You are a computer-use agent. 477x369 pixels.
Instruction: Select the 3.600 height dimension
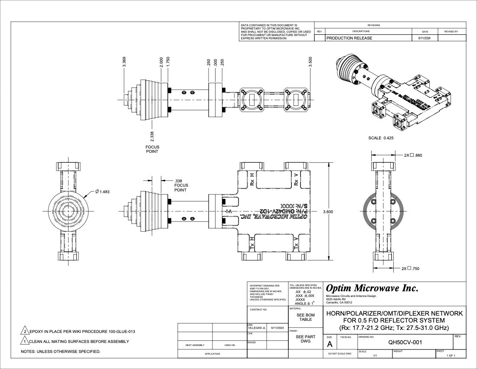point(328,211)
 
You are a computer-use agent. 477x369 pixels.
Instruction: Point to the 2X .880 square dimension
point(413,155)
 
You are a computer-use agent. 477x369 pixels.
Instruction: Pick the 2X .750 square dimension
point(410,268)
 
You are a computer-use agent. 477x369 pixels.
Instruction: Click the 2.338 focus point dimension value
point(152,136)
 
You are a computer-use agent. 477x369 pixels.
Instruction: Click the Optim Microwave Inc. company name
point(372,288)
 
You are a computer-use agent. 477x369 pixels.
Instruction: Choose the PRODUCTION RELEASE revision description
point(349,38)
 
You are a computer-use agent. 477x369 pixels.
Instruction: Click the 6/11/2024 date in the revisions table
point(425,38)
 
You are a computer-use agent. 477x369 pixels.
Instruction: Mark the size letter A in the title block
point(330,344)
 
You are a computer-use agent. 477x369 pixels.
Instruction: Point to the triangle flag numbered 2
point(25,331)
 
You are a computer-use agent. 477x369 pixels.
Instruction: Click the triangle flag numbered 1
point(25,341)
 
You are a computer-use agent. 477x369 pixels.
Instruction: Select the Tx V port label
point(296,244)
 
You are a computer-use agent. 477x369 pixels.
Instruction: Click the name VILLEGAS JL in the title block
point(257,328)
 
